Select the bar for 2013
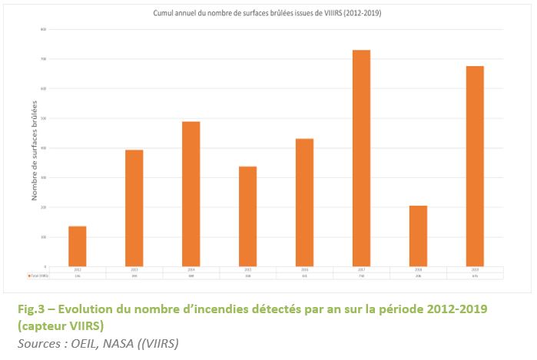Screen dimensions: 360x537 coord(134,207)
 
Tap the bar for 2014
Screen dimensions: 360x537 coord(191,193)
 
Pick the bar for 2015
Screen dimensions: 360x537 coord(247,216)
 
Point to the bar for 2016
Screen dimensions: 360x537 coord(304,202)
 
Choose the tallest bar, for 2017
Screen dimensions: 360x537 coord(361,157)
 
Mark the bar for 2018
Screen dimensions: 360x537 coord(418,236)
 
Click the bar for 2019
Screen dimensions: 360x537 coord(475,166)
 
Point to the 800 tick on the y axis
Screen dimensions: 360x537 coord(45,29)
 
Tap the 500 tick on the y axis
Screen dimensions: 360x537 coord(45,118)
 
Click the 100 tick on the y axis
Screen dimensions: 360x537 coord(45,237)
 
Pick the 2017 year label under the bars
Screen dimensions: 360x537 coord(361,269)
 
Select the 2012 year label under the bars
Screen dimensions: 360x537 coord(78,269)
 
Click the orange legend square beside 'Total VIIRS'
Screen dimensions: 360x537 coord(29,275)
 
